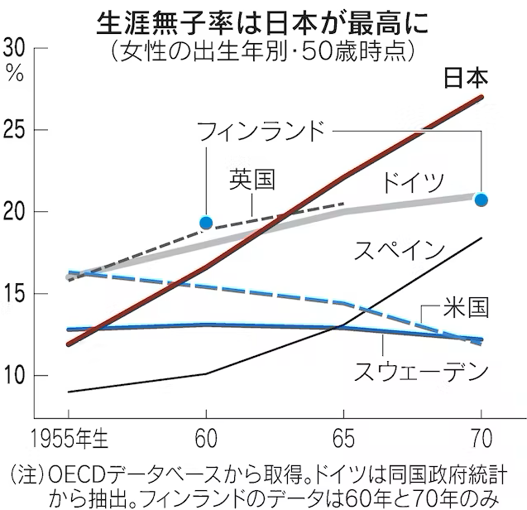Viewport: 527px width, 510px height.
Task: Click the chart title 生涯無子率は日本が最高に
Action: click(263, 18)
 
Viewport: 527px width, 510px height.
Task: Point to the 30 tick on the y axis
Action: click(17, 48)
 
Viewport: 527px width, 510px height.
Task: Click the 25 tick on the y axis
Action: click(17, 131)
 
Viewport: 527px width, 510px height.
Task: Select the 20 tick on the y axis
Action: click(17, 213)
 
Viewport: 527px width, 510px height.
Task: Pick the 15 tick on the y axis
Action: click(17, 295)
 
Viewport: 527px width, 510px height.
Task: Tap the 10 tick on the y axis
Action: click(17, 376)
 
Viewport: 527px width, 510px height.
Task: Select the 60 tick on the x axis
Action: click(207, 437)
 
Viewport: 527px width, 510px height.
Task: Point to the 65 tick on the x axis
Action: click(343, 437)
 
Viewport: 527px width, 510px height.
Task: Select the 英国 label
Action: click(252, 180)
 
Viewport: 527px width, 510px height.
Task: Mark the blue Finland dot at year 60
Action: click(207, 221)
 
